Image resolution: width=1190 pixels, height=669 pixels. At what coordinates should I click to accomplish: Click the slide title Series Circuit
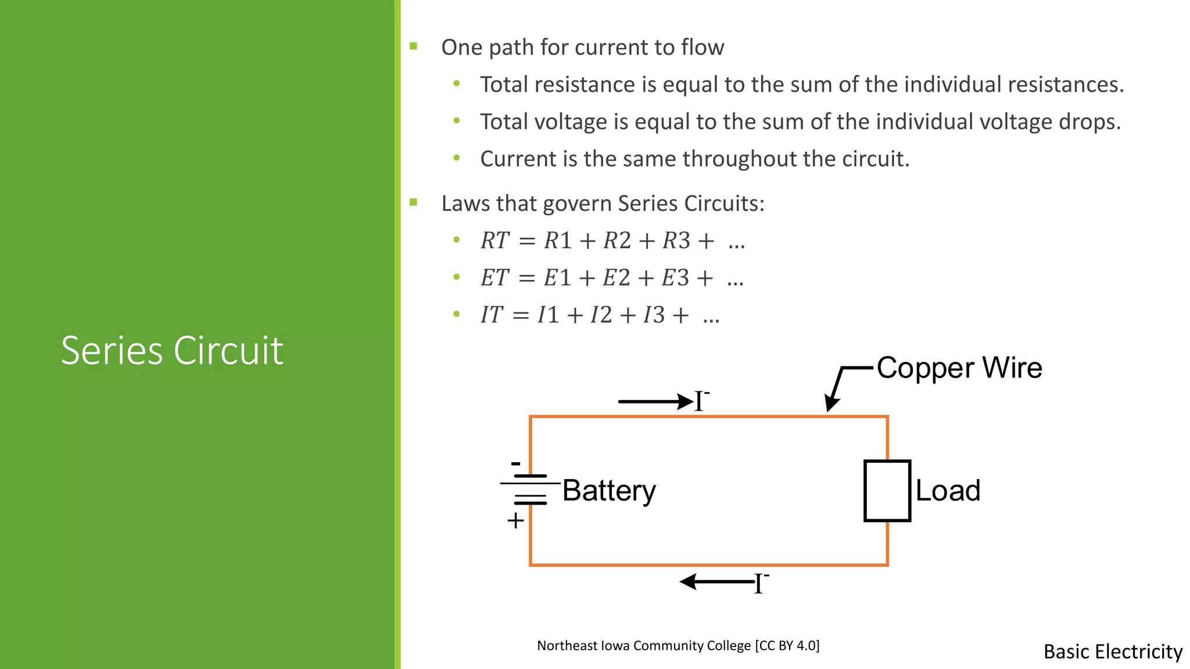(172, 351)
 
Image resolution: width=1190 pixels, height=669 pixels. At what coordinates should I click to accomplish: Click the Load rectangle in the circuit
(887, 491)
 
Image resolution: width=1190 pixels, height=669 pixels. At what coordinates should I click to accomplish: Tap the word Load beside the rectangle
(948, 491)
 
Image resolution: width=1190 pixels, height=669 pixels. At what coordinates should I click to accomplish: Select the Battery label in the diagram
(609, 491)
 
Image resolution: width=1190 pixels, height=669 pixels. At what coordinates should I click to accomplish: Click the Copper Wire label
(959, 368)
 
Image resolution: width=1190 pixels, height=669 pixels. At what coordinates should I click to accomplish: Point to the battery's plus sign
(515, 521)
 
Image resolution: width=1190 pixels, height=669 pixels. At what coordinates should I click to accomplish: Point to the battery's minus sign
(515, 463)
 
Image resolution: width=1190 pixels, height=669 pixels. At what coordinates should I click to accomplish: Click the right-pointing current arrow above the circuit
(655, 401)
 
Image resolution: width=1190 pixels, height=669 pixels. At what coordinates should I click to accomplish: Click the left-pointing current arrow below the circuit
(717, 581)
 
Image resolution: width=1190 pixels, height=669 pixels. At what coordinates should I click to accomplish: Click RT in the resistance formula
(494, 240)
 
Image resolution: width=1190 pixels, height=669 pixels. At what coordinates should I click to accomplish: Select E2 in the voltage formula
(616, 278)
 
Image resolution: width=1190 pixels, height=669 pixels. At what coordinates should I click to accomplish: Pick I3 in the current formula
(654, 315)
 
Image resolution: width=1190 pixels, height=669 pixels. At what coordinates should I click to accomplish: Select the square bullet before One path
(414, 46)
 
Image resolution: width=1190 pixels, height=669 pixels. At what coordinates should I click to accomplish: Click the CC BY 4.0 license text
(787, 645)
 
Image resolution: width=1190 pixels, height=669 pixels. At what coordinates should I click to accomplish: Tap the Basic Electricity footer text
(1113, 652)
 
